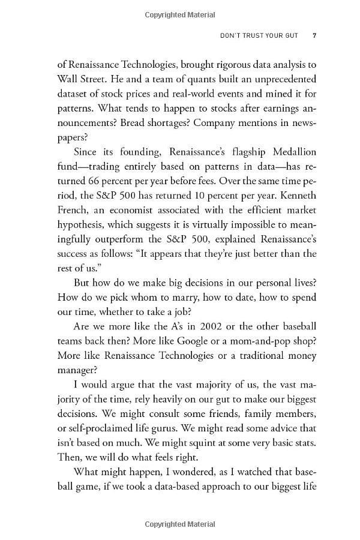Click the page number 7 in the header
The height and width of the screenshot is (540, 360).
314,35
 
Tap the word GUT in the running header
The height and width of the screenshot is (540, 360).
296,35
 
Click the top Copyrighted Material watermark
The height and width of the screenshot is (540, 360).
180,13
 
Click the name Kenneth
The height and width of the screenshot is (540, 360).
295,195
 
